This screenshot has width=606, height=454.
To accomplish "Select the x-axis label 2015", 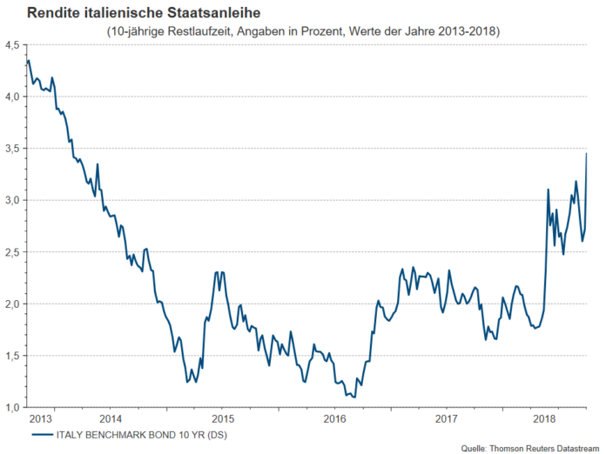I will tap(222, 418).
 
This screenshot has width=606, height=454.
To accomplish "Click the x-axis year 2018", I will tap(546, 418).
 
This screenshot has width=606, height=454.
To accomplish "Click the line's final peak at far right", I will tap(586, 154).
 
